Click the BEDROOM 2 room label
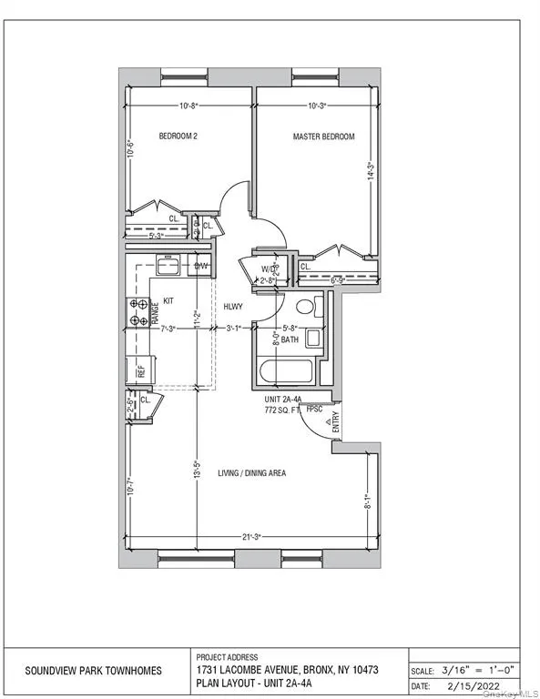coord(178,137)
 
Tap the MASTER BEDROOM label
coord(323,137)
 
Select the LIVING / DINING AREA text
coord(252,473)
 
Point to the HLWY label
coord(233,308)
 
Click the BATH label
coord(290,339)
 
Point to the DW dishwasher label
coord(201,267)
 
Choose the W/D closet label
coord(269,269)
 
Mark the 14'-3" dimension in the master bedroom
coord(370,171)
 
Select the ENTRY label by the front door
coord(335,421)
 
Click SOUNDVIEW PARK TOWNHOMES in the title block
coord(94,670)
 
